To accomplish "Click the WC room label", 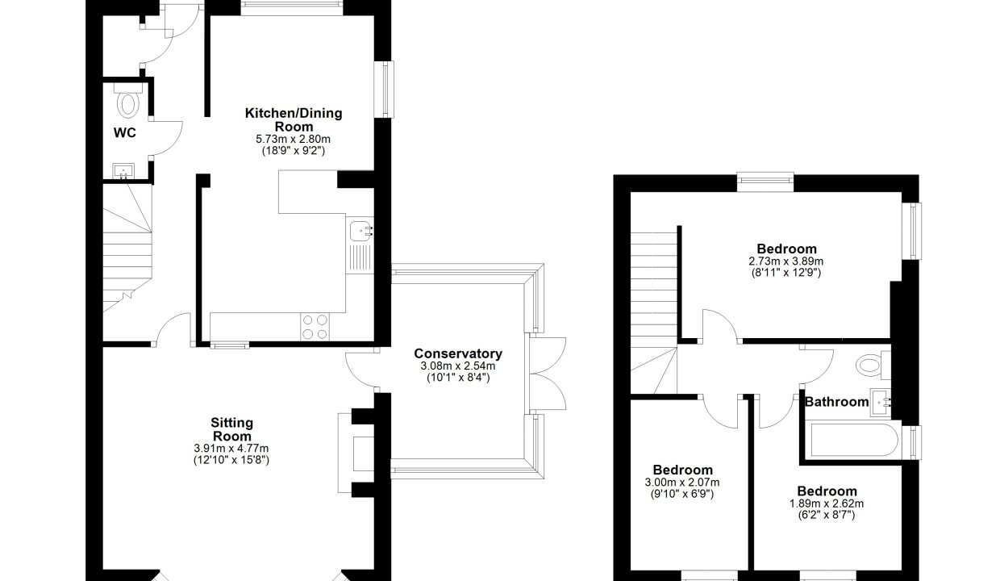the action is pos(124,132).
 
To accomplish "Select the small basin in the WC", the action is pos(123,171).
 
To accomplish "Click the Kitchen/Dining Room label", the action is pos(294,119).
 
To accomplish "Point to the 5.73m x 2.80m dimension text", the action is pos(293,139).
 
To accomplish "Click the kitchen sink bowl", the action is pos(360,232).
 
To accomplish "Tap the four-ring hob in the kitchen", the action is pos(315,327).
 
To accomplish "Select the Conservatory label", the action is pos(458,353).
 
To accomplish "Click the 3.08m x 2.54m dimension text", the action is pos(458,366).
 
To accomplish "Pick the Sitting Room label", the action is pos(231,429).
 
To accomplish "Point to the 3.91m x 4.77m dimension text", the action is pos(231,449).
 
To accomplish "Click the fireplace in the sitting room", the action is pos(356,453).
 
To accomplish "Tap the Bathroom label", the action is pos(836,402).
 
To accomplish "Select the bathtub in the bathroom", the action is pos(852,441).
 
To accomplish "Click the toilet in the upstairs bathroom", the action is pos(873,365).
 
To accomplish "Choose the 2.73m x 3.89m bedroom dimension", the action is pos(786,261).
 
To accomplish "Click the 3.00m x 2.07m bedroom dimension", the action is pos(682,483).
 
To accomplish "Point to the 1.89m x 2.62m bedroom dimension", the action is pos(827,504).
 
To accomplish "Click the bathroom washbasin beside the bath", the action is pos(881,403).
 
